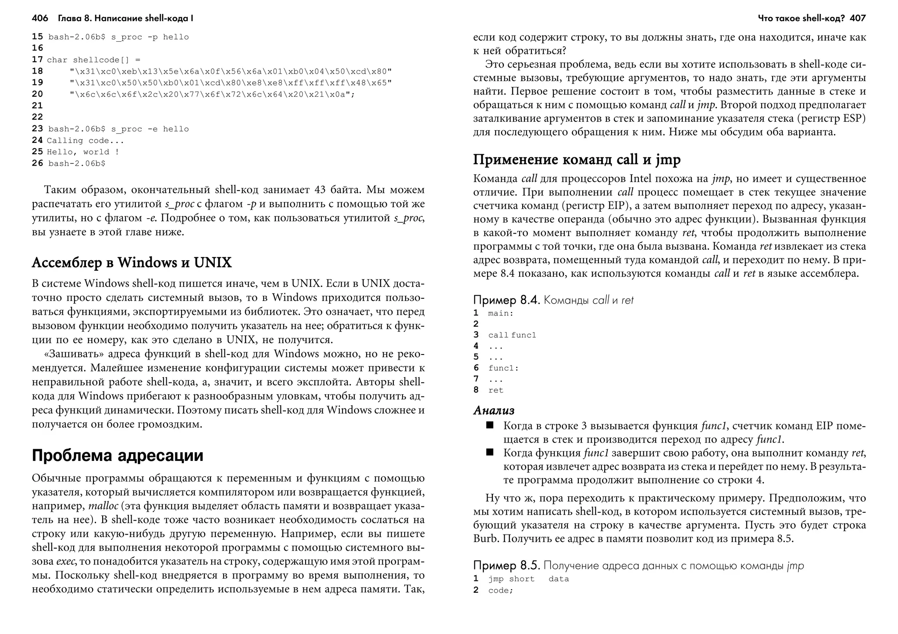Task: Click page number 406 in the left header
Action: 40,18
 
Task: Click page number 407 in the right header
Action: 858,18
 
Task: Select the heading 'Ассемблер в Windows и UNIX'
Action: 132,262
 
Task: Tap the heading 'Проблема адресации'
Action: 118,456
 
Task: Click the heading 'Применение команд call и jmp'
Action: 577,159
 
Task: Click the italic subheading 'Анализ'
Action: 494,411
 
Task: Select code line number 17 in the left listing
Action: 37,60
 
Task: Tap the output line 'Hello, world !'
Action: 83,152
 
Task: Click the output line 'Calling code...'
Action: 86,141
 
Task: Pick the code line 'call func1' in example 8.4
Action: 512,335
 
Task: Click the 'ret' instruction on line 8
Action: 496,390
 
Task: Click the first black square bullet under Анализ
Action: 490,425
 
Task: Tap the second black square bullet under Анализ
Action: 490,452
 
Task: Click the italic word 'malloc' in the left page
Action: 103,506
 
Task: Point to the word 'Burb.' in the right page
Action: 486,538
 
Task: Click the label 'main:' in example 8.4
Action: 500,313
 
